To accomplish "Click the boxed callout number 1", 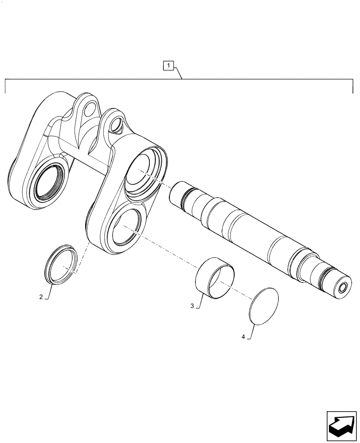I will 168,66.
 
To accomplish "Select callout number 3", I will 192,306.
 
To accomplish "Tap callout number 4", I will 243,337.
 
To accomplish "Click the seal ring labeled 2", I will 61,263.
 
